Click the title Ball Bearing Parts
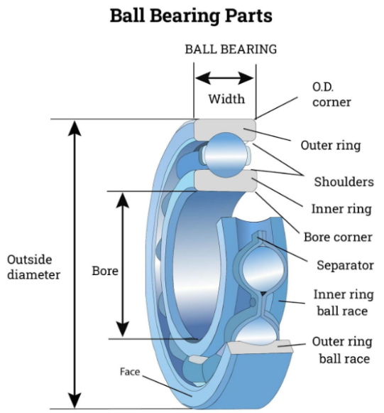191,16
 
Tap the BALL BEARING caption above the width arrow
231,49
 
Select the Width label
226,99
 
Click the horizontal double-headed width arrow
224,78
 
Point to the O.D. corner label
331,95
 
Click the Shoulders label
344,182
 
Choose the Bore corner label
338,237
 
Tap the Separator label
345,265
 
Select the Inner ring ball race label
344,303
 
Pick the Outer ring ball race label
342,350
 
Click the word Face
130,372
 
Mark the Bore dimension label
105,271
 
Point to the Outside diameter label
33,267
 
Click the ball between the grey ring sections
226,155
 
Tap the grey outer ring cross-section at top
225,129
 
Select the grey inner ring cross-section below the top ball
226,181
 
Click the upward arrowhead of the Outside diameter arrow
75,128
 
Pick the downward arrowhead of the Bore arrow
123,329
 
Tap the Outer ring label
331,146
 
